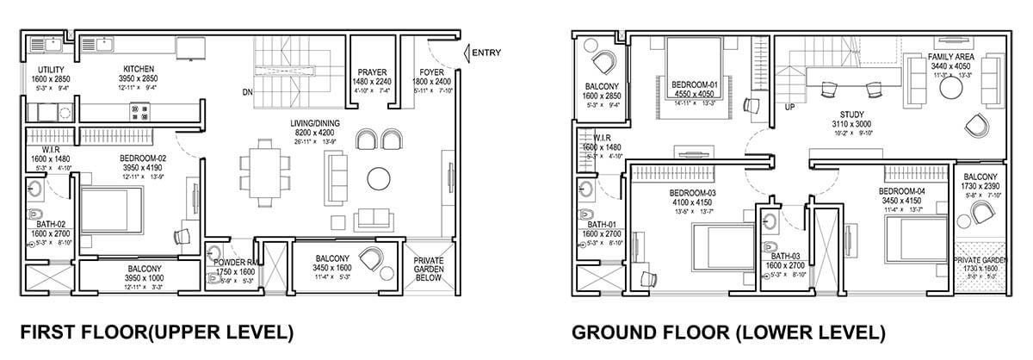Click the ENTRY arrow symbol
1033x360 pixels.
[467, 54]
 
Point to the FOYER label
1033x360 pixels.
[431, 72]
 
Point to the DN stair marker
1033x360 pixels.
[247, 90]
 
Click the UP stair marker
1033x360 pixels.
[789, 108]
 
